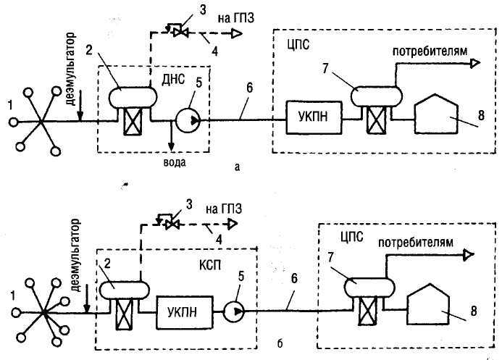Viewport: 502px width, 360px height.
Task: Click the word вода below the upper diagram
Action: tap(175, 162)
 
